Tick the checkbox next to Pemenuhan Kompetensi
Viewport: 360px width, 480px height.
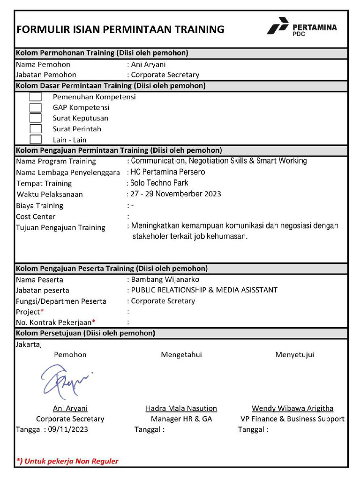(36, 97)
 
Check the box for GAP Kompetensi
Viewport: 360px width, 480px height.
(36, 108)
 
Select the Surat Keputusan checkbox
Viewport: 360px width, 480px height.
(36, 118)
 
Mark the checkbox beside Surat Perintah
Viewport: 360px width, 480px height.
(36, 129)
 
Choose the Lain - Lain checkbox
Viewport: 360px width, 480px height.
(36, 139)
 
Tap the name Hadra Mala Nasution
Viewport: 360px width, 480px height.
(181, 409)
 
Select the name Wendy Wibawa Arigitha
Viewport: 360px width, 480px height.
(292, 409)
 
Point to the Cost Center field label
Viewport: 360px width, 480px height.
(36, 217)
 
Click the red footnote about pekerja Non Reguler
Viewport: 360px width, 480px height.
(67, 461)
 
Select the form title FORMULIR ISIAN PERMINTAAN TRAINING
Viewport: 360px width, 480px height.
(120, 30)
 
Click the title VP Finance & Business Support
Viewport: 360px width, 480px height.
(292, 419)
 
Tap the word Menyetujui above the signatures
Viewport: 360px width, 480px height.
(295, 355)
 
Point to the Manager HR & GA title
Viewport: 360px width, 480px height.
(181, 419)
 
